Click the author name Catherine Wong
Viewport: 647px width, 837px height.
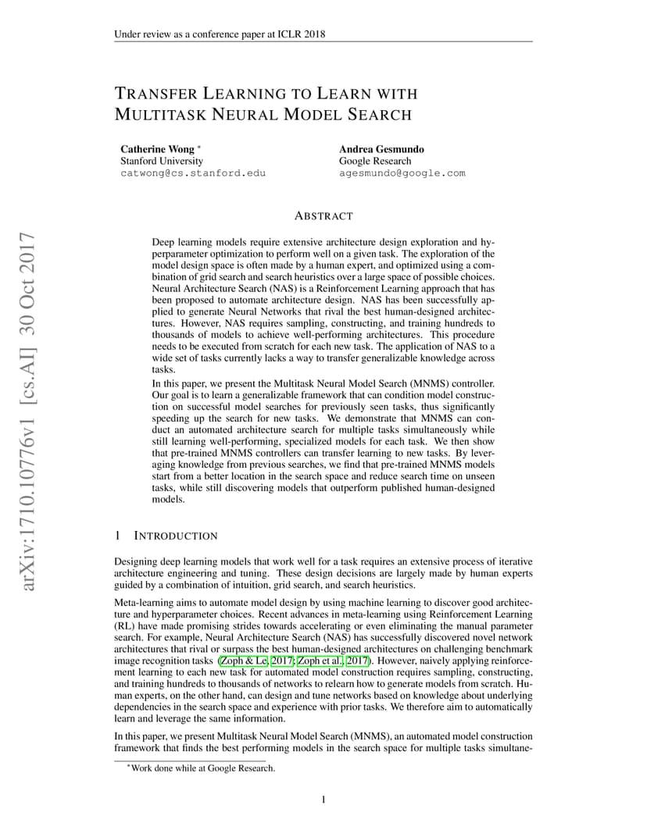pos(157,148)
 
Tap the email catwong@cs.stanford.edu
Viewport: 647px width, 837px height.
pos(192,173)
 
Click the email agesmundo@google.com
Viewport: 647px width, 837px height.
pos(402,173)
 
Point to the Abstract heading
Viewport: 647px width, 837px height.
pos(323,215)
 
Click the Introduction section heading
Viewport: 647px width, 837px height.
pos(177,536)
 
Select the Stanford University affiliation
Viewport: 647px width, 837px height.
pos(161,161)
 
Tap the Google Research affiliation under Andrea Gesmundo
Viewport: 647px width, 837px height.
pos(374,161)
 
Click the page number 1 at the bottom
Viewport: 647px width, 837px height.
pos(323,799)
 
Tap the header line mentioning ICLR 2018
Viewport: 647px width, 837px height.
pos(220,34)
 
